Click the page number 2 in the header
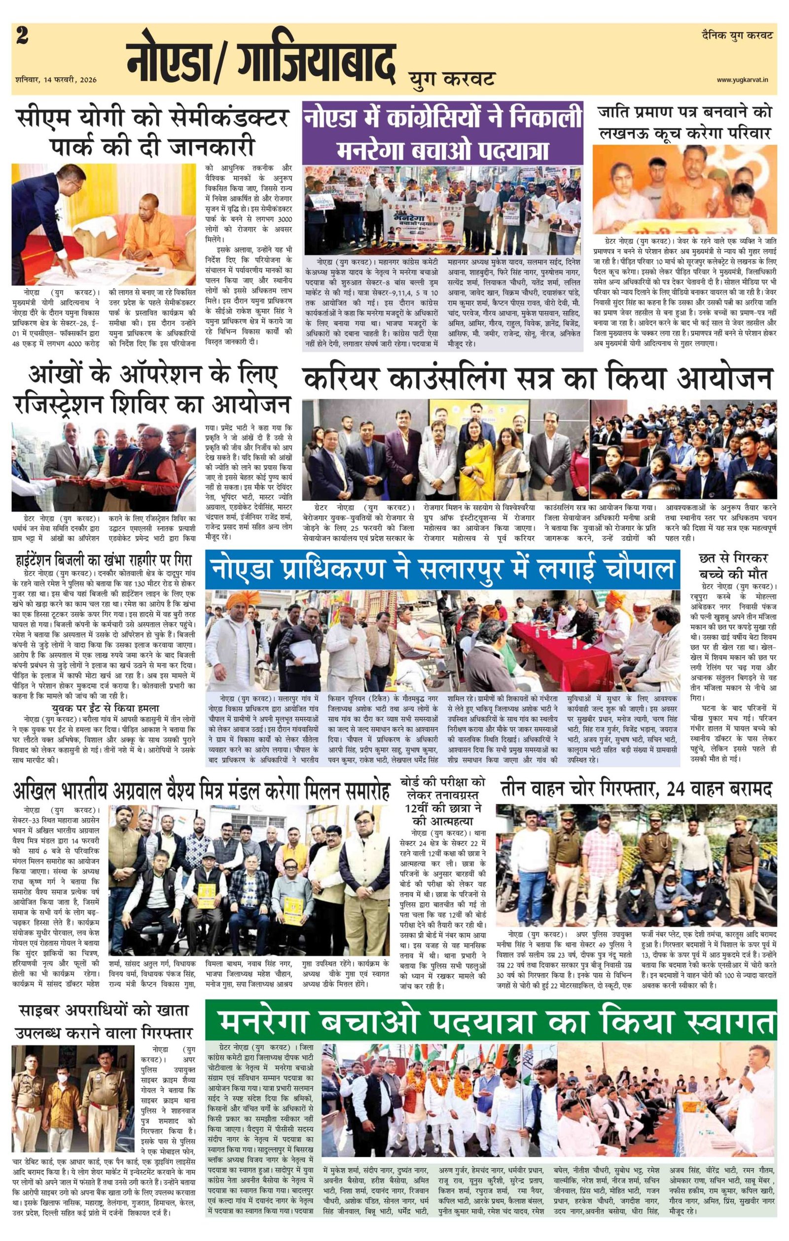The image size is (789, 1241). coord(22,36)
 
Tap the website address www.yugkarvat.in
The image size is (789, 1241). coord(745,79)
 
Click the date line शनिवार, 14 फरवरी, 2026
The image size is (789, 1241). coord(56,80)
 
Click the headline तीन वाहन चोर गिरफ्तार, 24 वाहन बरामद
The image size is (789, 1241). coord(635,789)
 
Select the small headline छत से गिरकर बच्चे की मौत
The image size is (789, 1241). coord(732,566)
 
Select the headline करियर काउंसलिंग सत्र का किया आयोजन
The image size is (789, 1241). coord(538,380)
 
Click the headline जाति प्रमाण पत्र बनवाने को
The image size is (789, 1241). coord(684,112)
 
